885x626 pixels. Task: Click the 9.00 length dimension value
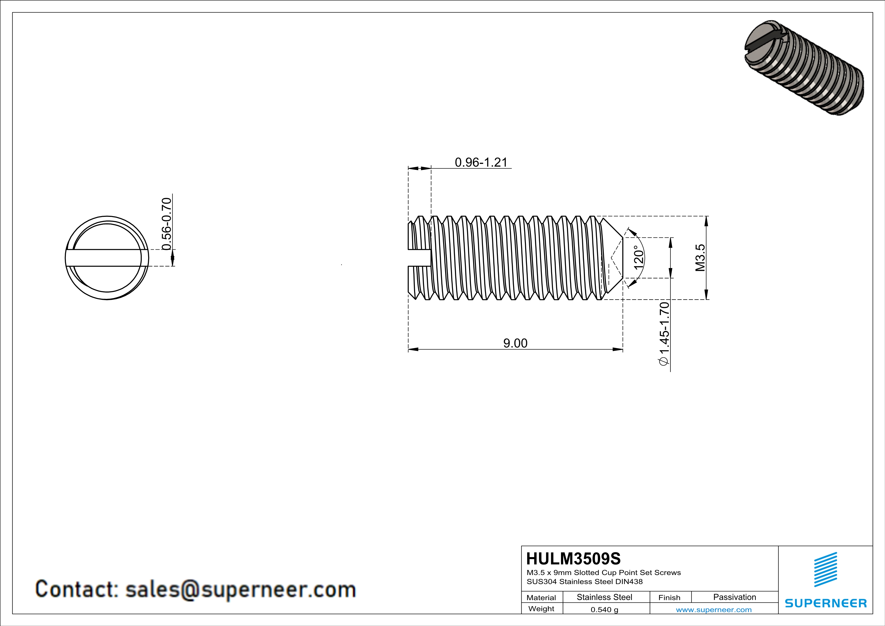pos(515,343)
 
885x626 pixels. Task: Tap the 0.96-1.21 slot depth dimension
pos(481,162)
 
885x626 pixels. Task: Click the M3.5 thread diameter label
pos(700,257)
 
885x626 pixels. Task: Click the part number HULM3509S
pos(573,559)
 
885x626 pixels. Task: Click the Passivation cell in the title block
pos(734,597)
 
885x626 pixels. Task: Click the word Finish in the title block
pos(669,597)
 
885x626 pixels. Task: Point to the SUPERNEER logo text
pos(826,603)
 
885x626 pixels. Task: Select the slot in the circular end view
pos(107,258)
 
